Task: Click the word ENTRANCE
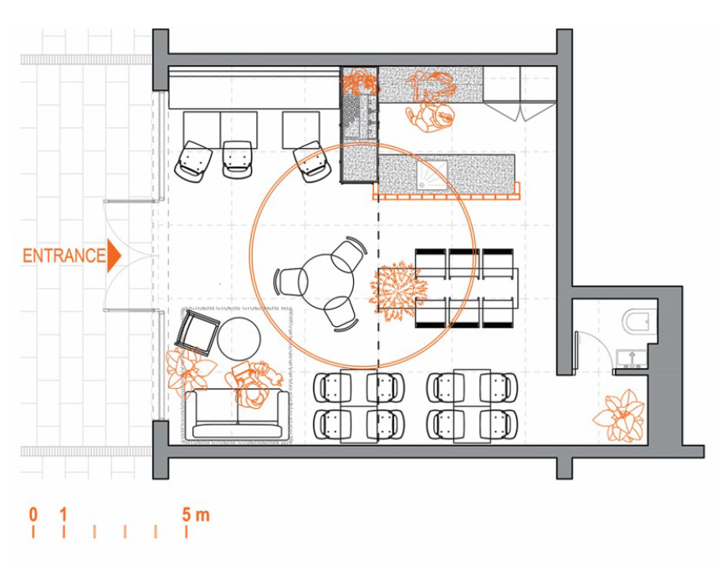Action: click(64, 256)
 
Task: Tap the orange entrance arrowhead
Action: click(114, 255)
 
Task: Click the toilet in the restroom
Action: click(638, 319)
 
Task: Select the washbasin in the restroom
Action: click(632, 358)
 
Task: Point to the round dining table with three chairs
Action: click(326, 282)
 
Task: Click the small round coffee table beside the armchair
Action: click(239, 338)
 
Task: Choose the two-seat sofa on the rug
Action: click(238, 413)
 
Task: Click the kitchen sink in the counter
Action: click(432, 175)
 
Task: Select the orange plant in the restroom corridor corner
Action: click(619, 416)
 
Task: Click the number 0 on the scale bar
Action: click(33, 514)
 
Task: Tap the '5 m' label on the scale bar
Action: click(195, 514)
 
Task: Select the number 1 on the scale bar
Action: click(64, 514)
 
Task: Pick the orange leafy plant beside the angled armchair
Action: click(189, 368)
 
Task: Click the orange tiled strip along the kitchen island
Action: click(446, 194)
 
